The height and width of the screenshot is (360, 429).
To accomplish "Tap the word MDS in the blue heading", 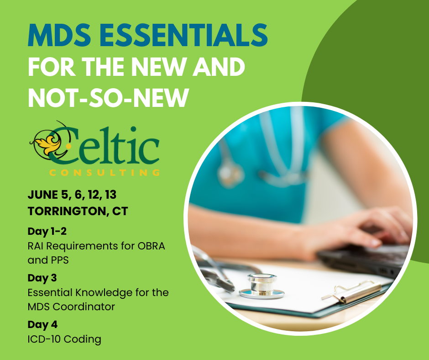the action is click(59, 35).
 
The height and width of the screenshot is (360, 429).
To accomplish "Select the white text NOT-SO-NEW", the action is click(108, 98).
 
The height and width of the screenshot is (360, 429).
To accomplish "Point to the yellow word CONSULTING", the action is click(105, 173).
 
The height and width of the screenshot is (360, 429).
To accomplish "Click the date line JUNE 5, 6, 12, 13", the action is click(72, 195).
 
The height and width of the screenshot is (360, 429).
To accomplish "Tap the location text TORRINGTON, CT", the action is click(78, 211).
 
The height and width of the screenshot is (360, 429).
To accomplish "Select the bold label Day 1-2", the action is click(47, 231).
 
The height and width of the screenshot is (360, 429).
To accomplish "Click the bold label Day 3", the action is click(42, 278).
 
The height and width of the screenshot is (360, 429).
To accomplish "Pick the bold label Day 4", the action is click(43, 324).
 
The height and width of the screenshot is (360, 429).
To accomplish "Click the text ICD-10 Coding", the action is click(64, 339).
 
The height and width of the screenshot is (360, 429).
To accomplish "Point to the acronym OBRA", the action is click(152, 246).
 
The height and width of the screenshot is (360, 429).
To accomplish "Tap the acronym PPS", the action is click(59, 260).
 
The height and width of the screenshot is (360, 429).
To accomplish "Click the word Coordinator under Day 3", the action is click(84, 307).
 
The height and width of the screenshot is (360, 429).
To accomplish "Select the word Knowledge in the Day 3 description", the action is click(104, 293).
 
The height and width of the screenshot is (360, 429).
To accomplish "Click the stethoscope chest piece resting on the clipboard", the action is click(262, 286).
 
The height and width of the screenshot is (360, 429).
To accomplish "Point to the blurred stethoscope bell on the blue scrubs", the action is click(230, 173).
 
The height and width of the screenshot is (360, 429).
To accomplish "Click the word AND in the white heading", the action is click(219, 67).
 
